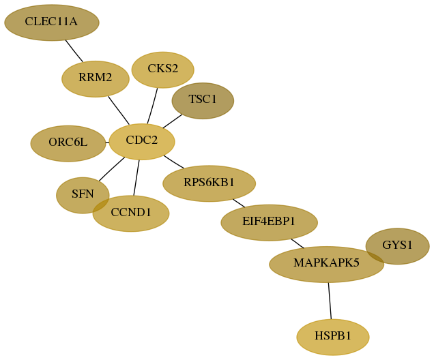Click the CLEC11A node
click(x=52, y=22)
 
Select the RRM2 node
click(x=96, y=79)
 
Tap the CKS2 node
click(x=162, y=70)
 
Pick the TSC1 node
click(x=203, y=101)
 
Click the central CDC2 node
click(x=142, y=142)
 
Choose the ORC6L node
click(x=68, y=143)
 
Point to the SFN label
click(x=83, y=194)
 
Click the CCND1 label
click(x=131, y=212)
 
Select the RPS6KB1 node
click(x=209, y=183)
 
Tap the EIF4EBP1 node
click(x=269, y=222)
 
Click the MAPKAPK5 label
click(x=326, y=262)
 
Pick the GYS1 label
click(x=397, y=245)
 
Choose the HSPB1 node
click(x=333, y=337)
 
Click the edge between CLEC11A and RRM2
click(x=74, y=51)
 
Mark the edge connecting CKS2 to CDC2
click(x=152, y=106)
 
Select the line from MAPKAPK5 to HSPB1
click(x=330, y=301)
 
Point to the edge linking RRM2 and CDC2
click(x=119, y=110)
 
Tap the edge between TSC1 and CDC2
click(x=173, y=121)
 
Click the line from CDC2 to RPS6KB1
click(x=173, y=162)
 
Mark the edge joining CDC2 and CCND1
click(x=136, y=178)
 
